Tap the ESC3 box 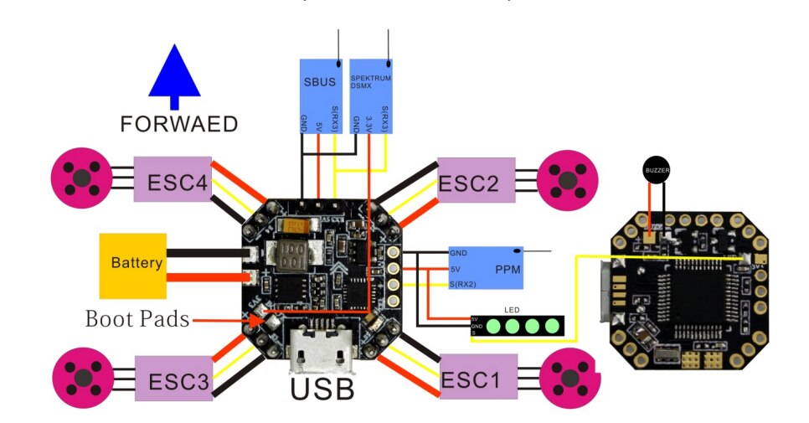coord(178,378)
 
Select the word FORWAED coord(178,125)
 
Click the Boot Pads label coord(137,319)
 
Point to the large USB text coord(322,389)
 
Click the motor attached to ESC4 coord(82,178)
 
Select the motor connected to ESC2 coord(566,178)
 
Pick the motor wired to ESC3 coord(82,378)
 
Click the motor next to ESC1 coord(570,379)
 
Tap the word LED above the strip coord(513,308)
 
